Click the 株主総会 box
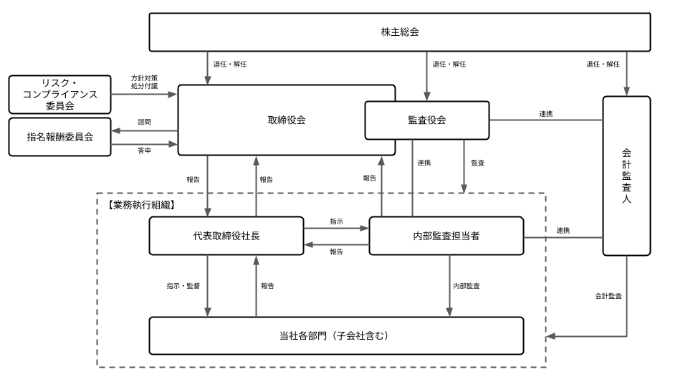point(399,32)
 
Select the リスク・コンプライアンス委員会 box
point(60,95)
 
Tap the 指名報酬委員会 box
point(60,136)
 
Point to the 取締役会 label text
point(286,120)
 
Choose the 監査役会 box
point(426,120)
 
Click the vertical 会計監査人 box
point(626,176)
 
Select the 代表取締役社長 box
point(226,236)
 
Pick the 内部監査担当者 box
point(446,236)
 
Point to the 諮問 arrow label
point(144,122)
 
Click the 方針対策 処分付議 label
point(144,82)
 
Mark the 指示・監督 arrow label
point(183,286)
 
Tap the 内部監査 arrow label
point(466,286)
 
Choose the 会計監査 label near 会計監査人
point(608,295)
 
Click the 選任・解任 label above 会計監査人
point(603,64)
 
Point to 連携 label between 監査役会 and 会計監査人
point(545,113)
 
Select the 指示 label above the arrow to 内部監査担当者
point(336,221)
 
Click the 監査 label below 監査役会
point(477,163)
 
